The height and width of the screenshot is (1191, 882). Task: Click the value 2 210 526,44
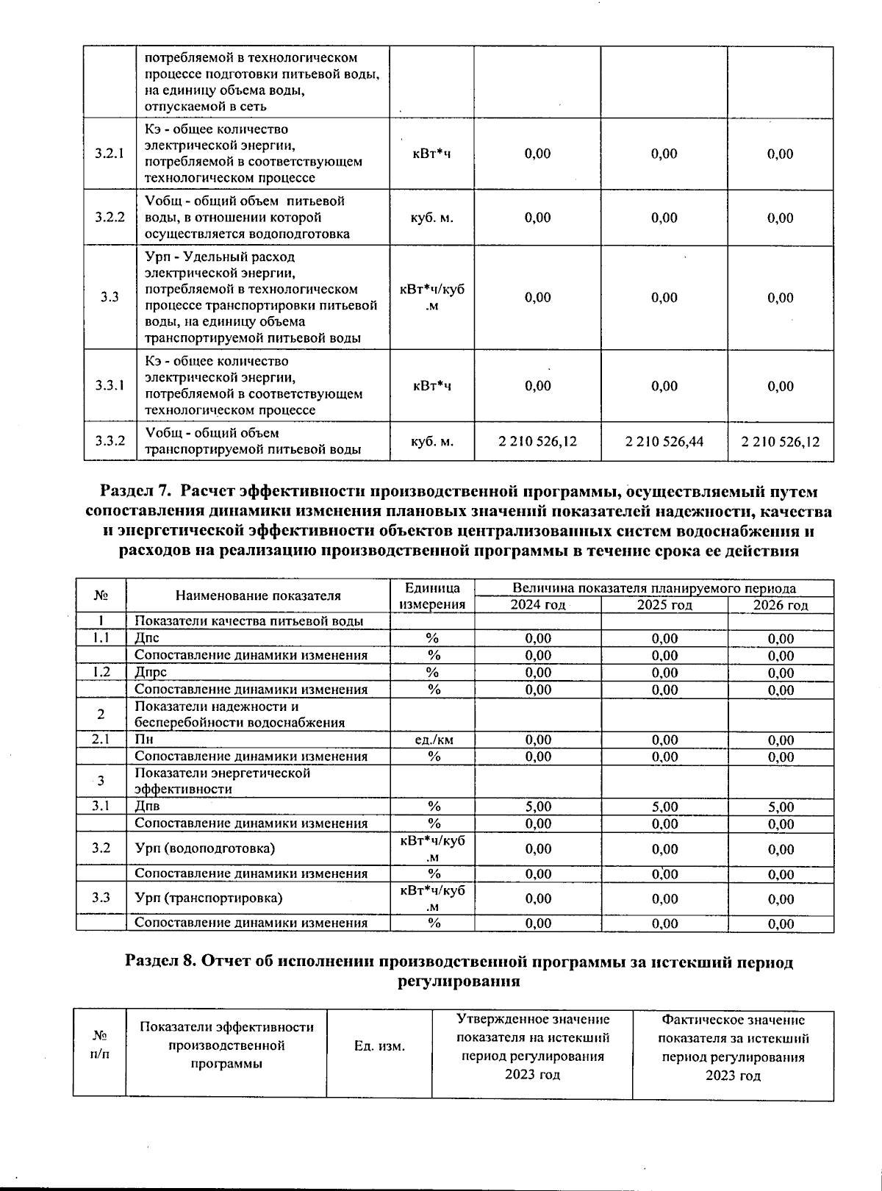[664, 442]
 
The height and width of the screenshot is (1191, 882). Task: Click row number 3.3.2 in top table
[110, 441]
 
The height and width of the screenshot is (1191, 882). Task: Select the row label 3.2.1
[110, 154]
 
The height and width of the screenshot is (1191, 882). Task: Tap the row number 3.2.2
[110, 218]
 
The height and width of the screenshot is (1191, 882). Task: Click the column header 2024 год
[537, 605]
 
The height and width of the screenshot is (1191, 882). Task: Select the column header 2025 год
[664, 605]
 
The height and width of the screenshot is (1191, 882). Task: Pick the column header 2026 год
[781, 605]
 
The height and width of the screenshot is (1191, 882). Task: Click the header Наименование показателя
[258, 596]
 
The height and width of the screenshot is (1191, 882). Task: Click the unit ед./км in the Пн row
[434, 740]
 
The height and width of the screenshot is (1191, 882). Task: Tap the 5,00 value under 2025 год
[664, 806]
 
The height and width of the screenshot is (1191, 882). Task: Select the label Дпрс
[151, 672]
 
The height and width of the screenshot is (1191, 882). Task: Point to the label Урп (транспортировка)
[208, 898]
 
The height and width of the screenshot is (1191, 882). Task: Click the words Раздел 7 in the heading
[135, 492]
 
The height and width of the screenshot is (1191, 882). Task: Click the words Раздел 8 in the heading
[160, 962]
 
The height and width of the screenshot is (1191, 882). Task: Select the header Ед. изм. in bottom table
[379, 1045]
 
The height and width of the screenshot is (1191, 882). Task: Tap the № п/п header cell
[99, 1045]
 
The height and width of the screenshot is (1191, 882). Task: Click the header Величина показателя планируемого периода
[653, 588]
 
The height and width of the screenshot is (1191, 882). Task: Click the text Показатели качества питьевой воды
[248, 621]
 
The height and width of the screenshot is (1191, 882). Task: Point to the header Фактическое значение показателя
[733, 1029]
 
